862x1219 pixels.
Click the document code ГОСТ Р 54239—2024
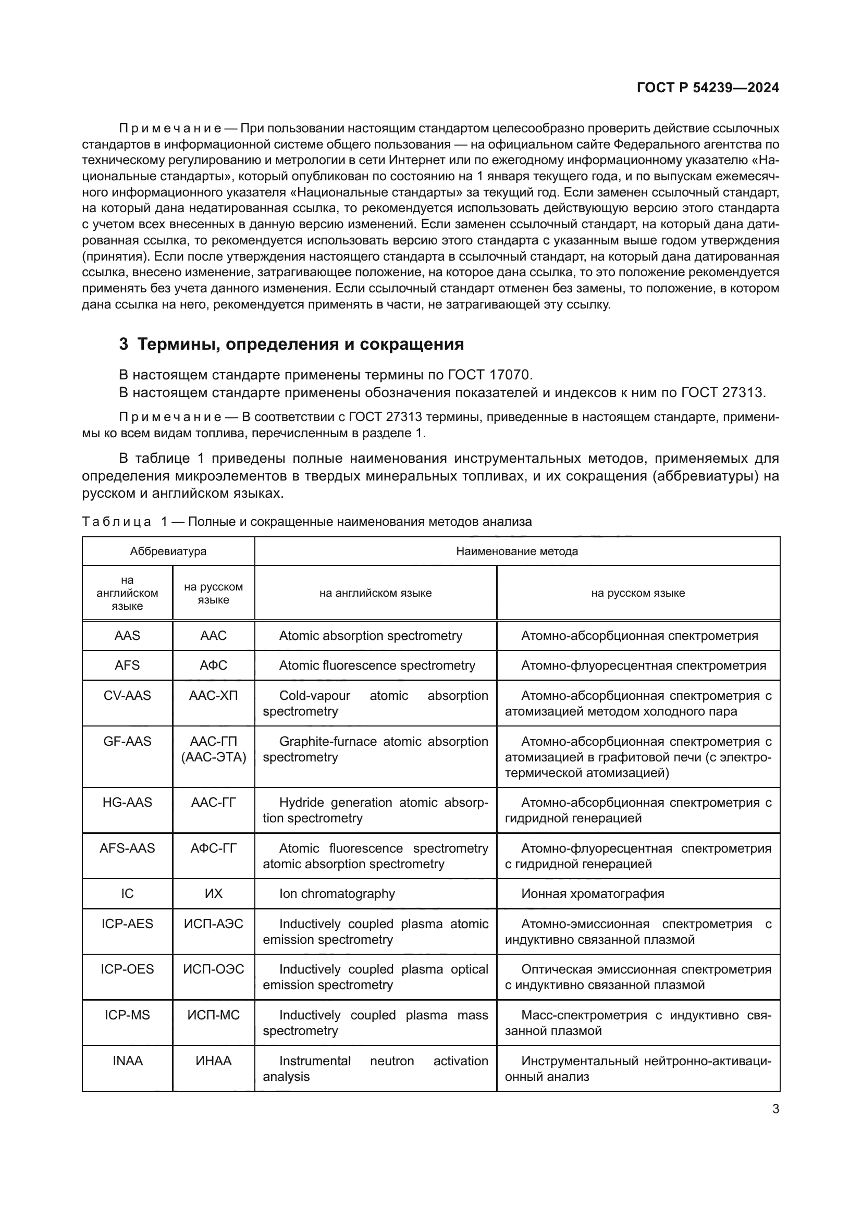click(708, 88)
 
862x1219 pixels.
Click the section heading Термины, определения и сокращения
click(300, 344)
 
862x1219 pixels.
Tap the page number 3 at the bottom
click(775, 1109)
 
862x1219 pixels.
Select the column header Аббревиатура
click(168, 551)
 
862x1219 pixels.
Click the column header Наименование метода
click(517, 551)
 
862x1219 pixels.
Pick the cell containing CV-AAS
click(127, 696)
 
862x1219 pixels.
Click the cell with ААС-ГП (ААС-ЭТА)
click(213, 749)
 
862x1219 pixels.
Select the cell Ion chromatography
click(337, 894)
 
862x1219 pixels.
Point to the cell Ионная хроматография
click(593, 894)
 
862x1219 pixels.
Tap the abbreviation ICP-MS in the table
click(127, 1015)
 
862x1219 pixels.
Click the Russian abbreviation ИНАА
click(213, 1061)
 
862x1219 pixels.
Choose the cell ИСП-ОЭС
click(213, 969)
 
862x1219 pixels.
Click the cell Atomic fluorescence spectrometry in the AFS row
click(377, 665)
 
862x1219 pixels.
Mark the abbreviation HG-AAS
click(127, 802)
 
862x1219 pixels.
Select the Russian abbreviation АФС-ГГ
click(213, 848)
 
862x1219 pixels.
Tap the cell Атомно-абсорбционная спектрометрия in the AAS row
click(639, 635)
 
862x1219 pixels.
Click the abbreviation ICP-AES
click(127, 924)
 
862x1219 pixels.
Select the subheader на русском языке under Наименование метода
click(638, 593)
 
